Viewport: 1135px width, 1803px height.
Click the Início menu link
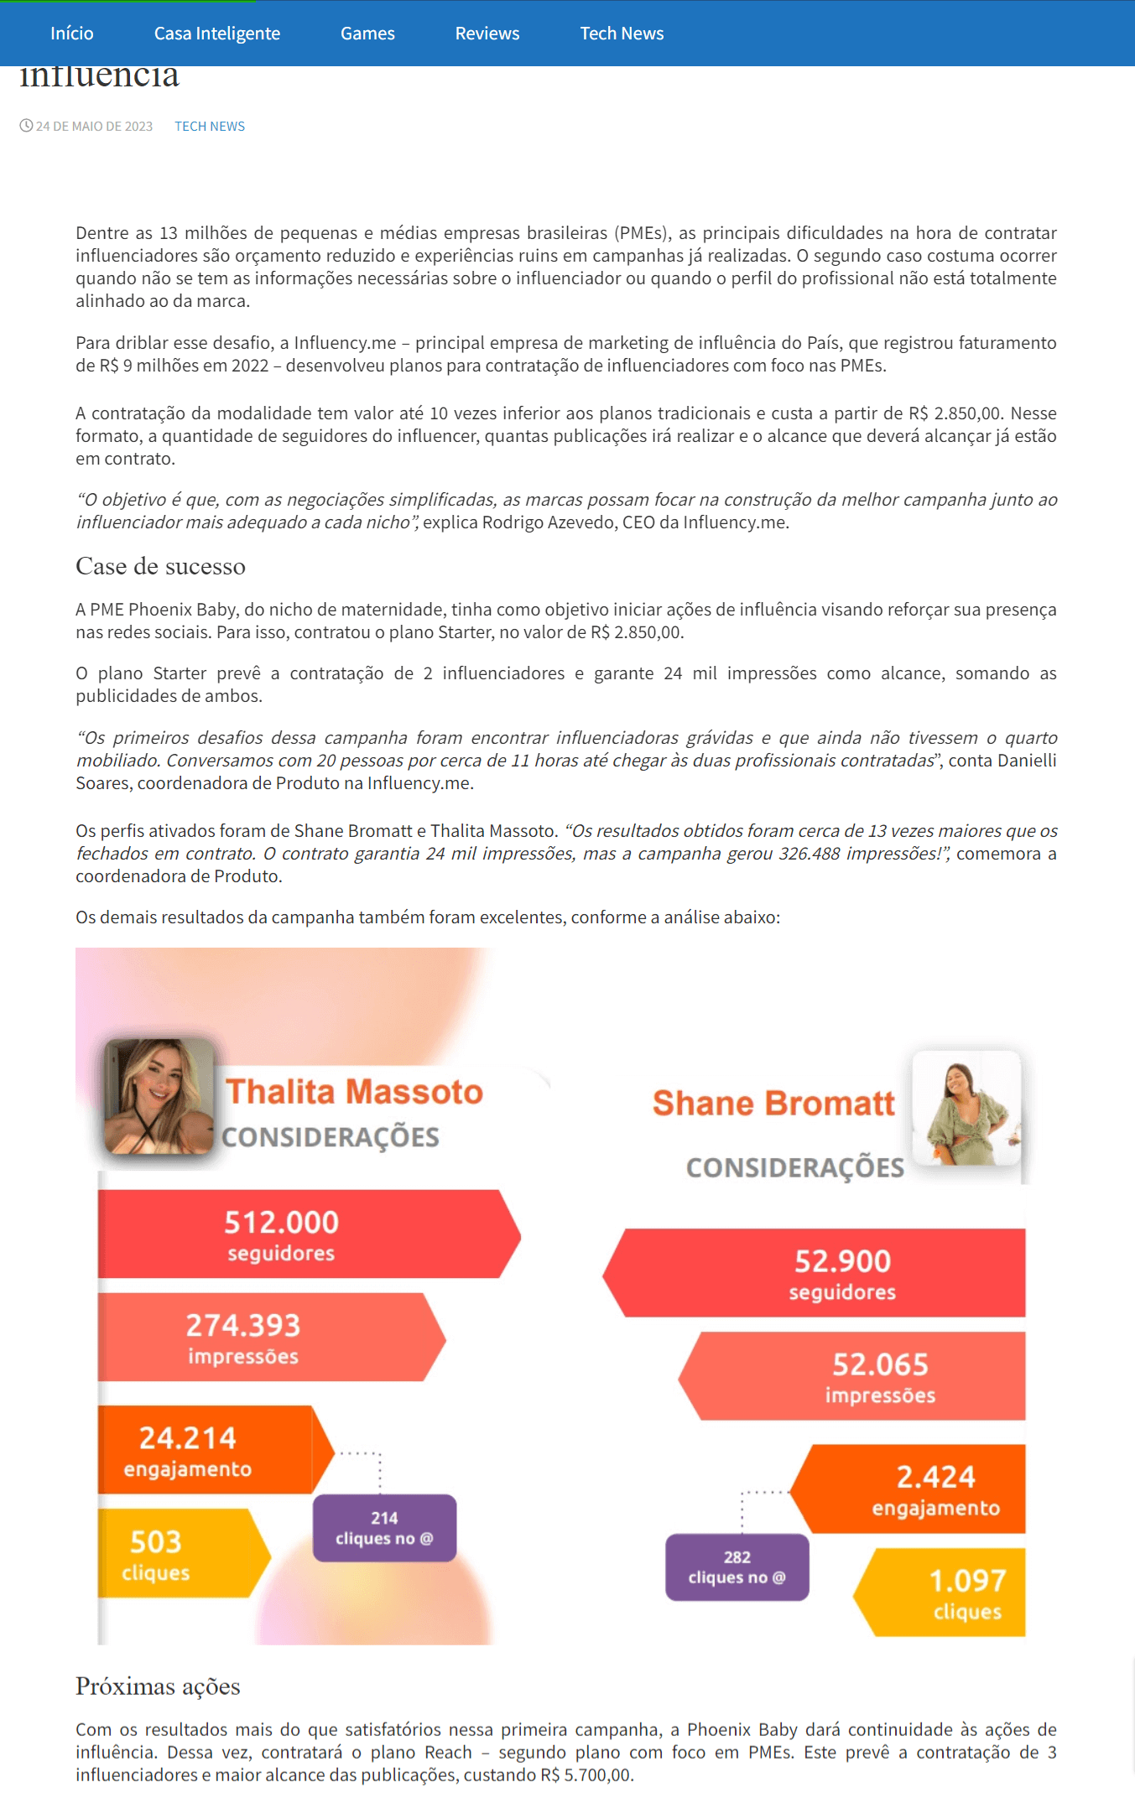tap(72, 34)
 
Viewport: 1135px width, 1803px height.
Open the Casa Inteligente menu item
tap(216, 34)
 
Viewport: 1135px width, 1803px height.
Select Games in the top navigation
tap(367, 34)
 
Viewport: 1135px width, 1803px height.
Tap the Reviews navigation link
tap(487, 34)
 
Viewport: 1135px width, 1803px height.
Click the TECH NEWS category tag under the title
tap(210, 127)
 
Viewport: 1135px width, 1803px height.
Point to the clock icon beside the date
tap(26, 126)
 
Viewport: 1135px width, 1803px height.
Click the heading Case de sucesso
tap(160, 567)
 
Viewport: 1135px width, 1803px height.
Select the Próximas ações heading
tap(158, 1686)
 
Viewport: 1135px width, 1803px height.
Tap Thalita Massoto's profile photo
tap(159, 1096)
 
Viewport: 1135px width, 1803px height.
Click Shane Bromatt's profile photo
tap(966, 1108)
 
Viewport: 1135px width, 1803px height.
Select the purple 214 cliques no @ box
tap(384, 1528)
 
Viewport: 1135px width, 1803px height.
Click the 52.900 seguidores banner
tap(822, 1273)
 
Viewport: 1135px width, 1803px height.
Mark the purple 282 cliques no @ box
tap(737, 1567)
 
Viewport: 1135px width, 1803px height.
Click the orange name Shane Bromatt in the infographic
tap(773, 1104)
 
